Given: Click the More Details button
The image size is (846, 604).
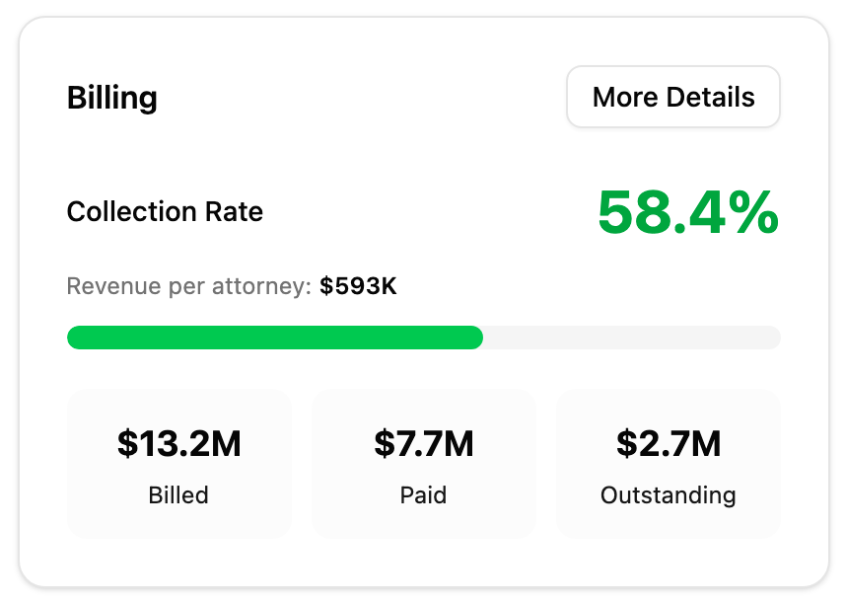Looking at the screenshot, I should (673, 97).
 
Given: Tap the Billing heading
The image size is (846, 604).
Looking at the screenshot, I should (111, 98).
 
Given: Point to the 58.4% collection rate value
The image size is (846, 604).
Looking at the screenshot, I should (688, 212).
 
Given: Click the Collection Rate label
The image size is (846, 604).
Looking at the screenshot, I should (165, 211).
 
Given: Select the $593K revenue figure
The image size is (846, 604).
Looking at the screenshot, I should (358, 286).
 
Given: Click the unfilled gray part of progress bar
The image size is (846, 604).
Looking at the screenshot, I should (631, 338).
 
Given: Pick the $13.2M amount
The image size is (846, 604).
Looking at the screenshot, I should (178, 444).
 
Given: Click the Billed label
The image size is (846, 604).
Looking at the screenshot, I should (178, 494).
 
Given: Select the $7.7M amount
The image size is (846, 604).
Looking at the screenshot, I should (424, 444).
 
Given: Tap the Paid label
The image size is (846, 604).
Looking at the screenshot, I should (424, 494).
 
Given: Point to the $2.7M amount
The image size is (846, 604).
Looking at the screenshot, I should (669, 444).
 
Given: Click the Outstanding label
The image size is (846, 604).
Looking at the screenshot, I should (669, 494).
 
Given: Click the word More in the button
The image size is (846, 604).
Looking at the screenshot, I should (625, 97).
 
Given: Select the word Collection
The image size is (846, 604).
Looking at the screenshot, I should (131, 211).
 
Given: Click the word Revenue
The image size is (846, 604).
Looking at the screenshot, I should (106, 286).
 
